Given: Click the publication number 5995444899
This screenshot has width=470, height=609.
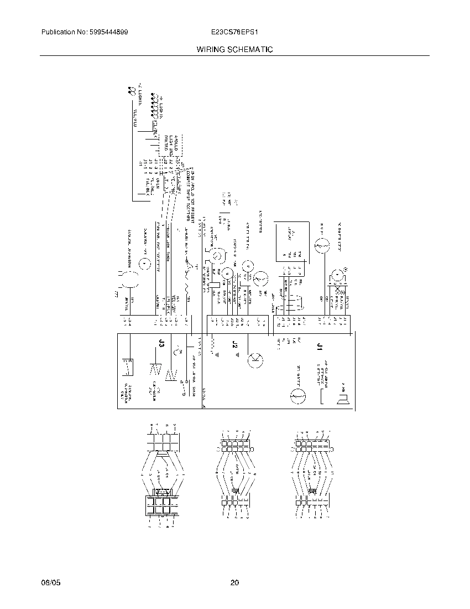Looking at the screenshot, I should coord(109,33).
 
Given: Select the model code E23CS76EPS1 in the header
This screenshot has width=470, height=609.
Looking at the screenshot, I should coord(234,33).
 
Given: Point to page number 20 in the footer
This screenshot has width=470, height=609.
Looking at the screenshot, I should coord(234,583).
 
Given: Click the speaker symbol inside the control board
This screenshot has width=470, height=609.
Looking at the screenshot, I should coord(343,396).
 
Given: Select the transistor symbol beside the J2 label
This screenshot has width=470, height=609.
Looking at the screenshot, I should coord(255,359).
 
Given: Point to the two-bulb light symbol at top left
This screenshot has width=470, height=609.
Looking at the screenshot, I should coord(131,91).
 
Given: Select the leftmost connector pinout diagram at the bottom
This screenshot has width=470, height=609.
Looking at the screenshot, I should coord(162,476).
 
